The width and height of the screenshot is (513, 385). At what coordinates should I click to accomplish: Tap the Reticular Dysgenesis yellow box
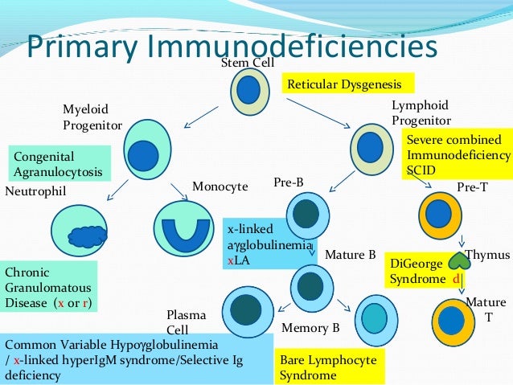[x=347, y=84]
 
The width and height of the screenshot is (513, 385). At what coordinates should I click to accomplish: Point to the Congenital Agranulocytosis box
[x=58, y=163]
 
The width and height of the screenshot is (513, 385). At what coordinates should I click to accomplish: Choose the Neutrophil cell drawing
[x=83, y=234]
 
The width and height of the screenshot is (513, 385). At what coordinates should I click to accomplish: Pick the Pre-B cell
[x=306, y=212]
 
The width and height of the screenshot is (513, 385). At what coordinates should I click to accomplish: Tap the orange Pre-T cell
[x=439, y=213]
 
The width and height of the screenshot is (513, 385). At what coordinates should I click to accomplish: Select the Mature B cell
[x=310, y=282]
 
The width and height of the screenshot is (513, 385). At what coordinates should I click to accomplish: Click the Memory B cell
[x=373, y=320]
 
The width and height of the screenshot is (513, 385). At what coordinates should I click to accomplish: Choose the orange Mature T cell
[x=453, y=321]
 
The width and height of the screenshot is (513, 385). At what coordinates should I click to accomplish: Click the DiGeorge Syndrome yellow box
[x=424, y=271]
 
